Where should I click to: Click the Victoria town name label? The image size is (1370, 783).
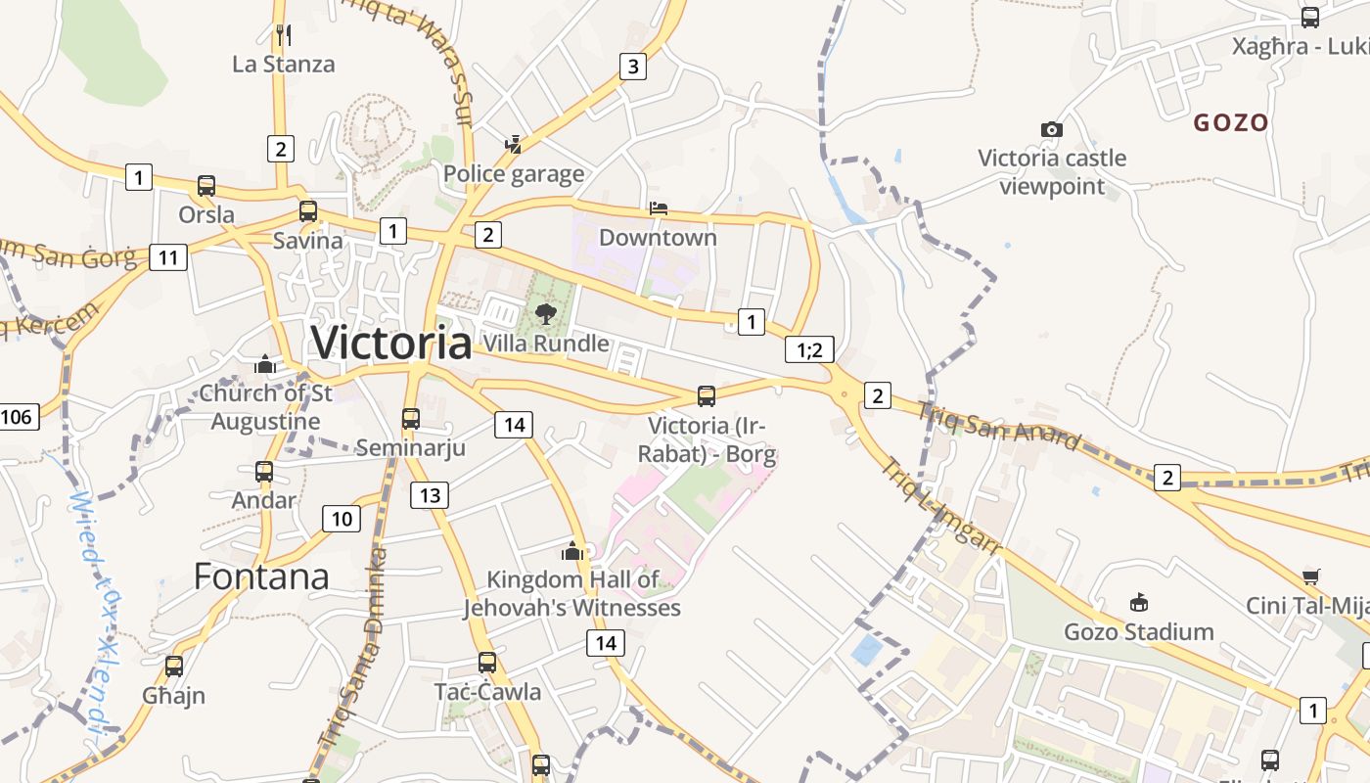pyautogui.click(x=391, y=343)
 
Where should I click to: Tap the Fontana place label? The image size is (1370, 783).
pyautogui.click(x=261, y=576)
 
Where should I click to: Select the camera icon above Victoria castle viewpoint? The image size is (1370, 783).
pyautogui.click(x=1052, y=129)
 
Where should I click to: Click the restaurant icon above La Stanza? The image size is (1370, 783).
pyautogui.click(x=284, y=35)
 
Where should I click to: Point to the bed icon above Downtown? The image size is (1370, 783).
pyautogui.click(x=659, y=208)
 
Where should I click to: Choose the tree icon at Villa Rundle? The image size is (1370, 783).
pyautogui.click(x=546, y=314)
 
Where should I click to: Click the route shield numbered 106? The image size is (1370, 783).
pyautogui.click(x=17, y=417)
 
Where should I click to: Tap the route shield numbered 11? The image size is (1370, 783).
pyautogui.click(x=168, y=257)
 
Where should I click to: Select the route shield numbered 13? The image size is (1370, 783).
pyautogui.click(x=430, y=495)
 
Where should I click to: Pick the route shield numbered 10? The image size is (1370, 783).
pyautogui.click(x=342, y=519)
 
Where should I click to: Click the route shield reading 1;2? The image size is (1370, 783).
pyautogui.click(x=810, y=349)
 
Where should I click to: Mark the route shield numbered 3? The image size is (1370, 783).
pyautogui.click(x=633, y=67)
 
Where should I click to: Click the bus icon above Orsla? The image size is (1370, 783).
pyautogui.click(x=205, y=186)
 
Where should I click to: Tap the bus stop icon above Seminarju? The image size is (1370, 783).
pyautogui.click(x=411, y=419)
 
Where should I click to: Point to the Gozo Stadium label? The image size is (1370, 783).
pyautogui.click(x=1139, y=631)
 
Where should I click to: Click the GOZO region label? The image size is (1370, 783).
pyautogui.click(x=1231, y=123)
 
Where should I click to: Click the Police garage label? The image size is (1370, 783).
pyautogui.click(x=514, y=174)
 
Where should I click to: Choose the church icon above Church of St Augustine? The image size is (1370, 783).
pyautogui.click(x=264, y=365)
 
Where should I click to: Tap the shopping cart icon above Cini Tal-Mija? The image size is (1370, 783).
pyautogui.click(x=1311, y=576)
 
